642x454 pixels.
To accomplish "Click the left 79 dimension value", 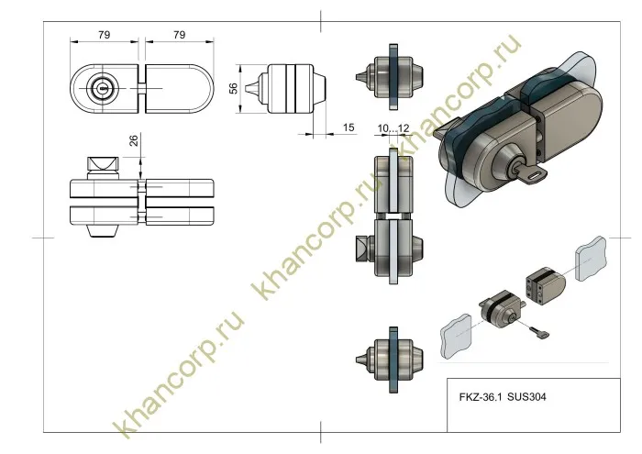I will (105, 35).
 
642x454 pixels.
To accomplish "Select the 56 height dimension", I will (234, 87).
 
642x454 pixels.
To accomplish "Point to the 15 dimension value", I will (349, 127).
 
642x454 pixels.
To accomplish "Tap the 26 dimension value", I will (134, 141).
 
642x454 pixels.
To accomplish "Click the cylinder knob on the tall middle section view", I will (362, 249).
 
